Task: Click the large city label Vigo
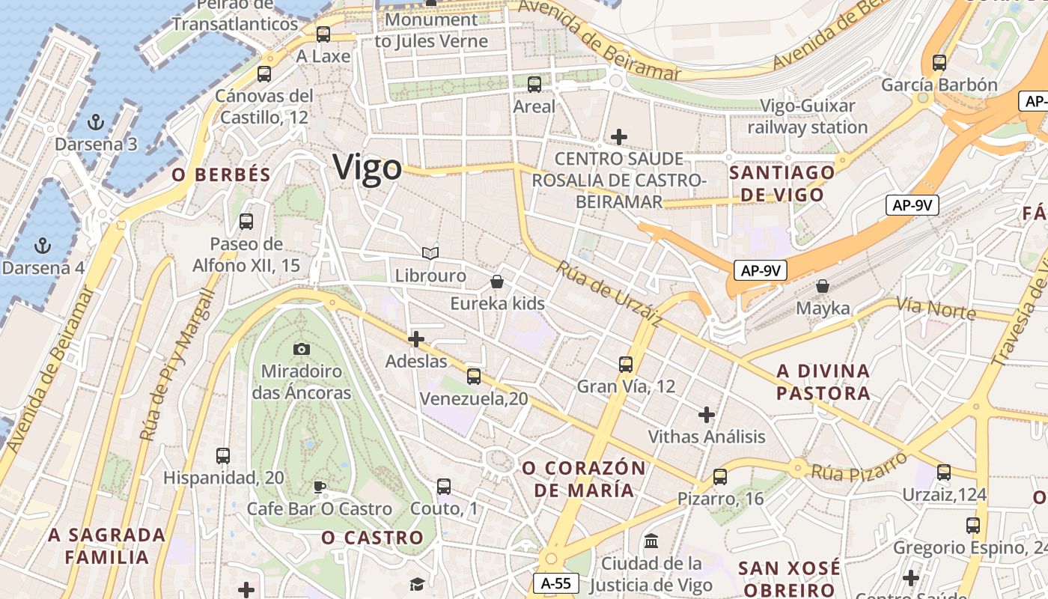tap(367, 167)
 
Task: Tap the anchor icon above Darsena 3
tap(95, 121)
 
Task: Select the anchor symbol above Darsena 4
tap(43, 245)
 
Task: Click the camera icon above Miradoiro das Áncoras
tap(301, 349)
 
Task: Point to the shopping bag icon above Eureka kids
tap(496, 282)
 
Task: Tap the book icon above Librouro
tap(430, 254)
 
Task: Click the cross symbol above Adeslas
tap(416, 339)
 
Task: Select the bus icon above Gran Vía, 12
tap(626, 365)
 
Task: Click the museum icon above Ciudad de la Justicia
tap(651, 541)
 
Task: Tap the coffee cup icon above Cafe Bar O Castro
tap(319, 487)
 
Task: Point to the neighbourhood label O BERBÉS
tap(221, 175)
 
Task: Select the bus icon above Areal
tap(534, 85)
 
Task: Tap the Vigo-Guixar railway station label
tap(808, 117)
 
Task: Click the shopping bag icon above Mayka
tap(822, 286)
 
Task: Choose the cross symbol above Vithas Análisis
tap(706, 414)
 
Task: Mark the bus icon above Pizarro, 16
tap(720, 476)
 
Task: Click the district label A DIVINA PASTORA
tap(823, 382)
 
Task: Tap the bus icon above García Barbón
tap(939, 63)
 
